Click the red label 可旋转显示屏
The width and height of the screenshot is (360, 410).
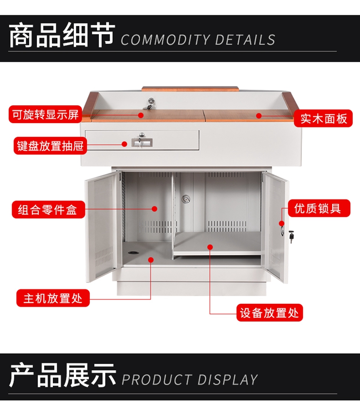click(46, 115)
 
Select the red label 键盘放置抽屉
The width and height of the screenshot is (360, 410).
click(50, 146)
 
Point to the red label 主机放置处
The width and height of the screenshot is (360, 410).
click(53, 298)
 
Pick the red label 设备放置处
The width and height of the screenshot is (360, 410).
click(269, 313)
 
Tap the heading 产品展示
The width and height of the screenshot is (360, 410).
click(62, 376)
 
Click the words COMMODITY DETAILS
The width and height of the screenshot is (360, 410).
click(198, 40)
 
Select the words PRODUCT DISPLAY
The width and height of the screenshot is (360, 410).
click(190, 380)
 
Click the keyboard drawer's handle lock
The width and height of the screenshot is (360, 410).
click(142, 141)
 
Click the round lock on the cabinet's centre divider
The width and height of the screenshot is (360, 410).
click(186, 198)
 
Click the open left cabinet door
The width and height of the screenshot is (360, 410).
click(101, 226)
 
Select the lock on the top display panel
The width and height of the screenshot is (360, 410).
click(151, 102)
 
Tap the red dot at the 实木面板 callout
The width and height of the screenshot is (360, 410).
click(258, 115)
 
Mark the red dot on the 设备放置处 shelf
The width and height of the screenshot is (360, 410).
click(210, 247)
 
